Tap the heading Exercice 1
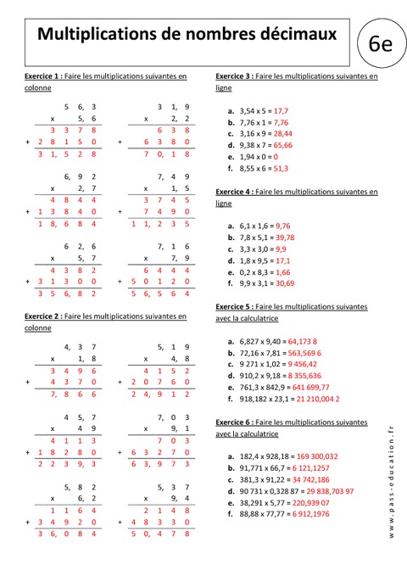[42, 76]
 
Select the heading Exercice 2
[42, 316]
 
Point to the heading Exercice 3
[234, 76]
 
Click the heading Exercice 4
[234, 193]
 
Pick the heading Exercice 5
[234, 307]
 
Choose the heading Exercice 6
[234, 422]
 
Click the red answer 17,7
[282, 111]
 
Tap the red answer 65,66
[286, 146]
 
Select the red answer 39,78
[286, 238]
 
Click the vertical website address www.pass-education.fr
[392, 484]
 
